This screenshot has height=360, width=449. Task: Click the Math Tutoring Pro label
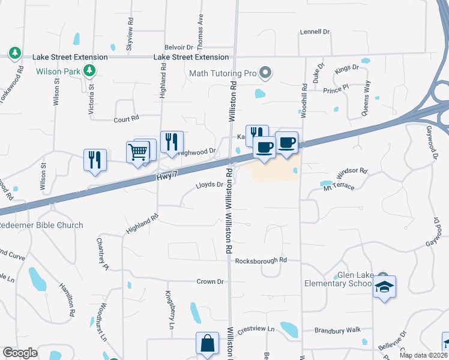(x=223, y=74)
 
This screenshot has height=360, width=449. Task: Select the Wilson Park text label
(x=58, y=71)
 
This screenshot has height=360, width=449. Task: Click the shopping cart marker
(x=138, y=151)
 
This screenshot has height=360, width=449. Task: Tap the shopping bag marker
(x=206, y=344)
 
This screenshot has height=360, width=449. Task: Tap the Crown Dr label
(x=210, y=281)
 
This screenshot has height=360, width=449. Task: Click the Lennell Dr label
(x=315, y=32)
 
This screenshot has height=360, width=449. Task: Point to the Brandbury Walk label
(x=338, y=330)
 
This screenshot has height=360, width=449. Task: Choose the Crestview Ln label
(x=255, y=329)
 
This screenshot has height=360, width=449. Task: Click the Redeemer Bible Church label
(x=40, y=225)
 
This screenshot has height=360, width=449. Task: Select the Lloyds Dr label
(x=209, y=185)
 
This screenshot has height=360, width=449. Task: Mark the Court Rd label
(x=126, y=119)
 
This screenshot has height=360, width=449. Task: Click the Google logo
(x=20, y=353)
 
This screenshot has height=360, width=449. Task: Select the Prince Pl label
(x=336, y=91)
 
